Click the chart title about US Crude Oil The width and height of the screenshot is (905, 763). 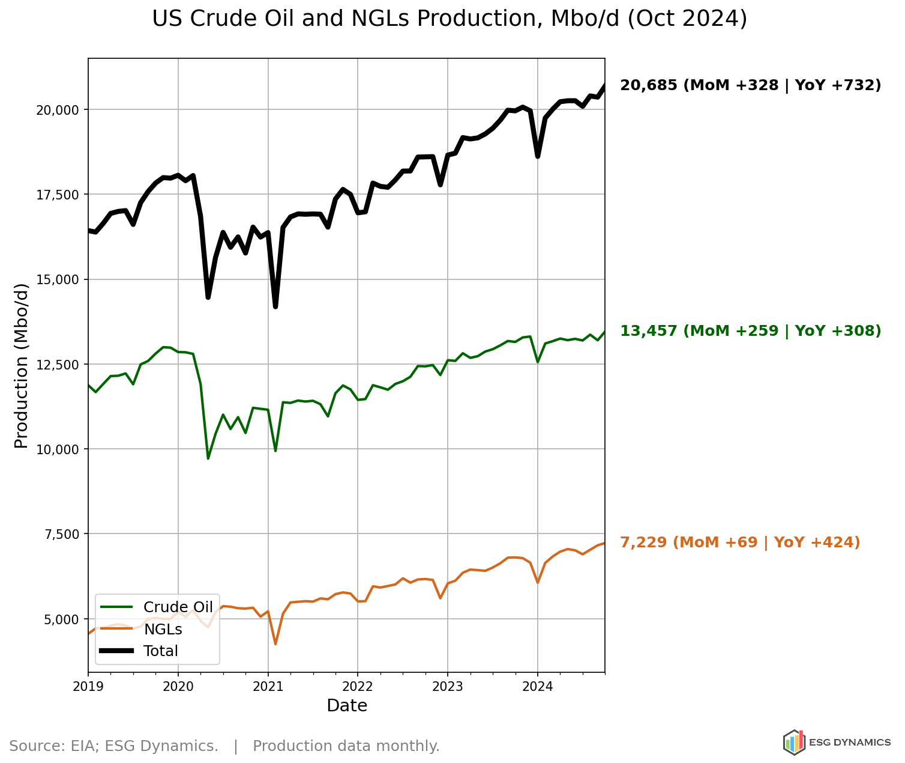[449, 19]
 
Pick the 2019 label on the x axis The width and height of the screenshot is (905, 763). [88, 685]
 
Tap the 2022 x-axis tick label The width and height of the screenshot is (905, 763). [358, 685]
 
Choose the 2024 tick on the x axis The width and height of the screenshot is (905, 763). [537, 685]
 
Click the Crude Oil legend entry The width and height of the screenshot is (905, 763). [178, 607]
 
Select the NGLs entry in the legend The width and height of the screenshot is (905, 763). [163, 629]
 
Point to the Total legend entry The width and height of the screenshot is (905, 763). [160, 651]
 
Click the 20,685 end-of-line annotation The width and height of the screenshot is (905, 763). [750, 85]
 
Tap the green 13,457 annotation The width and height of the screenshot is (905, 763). [750, 331]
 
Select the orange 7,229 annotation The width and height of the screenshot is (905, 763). [739, 543]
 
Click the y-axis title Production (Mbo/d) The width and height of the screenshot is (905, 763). [22, 365]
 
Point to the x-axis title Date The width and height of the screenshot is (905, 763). [347, 706]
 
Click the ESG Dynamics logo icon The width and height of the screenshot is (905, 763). [793, 743]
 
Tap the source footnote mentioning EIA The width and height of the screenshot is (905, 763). [224, 746]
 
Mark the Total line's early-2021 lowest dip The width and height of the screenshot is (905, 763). [275, 307]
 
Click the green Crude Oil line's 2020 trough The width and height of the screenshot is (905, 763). [208, 458]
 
